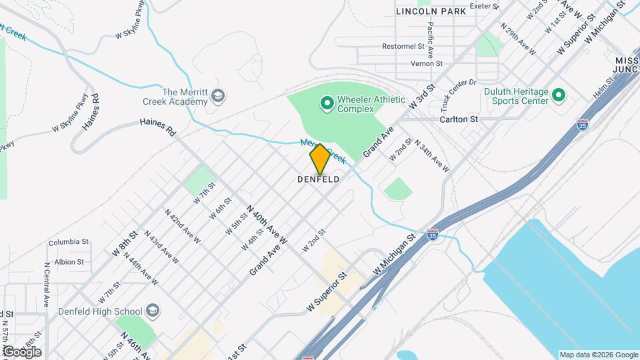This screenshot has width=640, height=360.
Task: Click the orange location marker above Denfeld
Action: tap(320, 158)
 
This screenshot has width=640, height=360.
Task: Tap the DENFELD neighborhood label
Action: tap(319, 180)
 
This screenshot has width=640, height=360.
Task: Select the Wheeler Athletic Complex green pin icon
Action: tap(327, 103)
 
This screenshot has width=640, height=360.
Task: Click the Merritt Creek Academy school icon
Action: tap(217, 97)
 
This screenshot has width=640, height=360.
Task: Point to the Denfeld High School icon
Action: tap(153, 311)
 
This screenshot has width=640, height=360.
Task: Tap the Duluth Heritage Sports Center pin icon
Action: tap(559, 97)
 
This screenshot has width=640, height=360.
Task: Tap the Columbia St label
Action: tap(68, 242)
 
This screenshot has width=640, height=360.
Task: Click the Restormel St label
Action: tap(403, 47)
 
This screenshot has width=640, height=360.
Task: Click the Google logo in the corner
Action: tap(23, 351)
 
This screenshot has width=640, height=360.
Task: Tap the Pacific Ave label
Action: tap(431, 39)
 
